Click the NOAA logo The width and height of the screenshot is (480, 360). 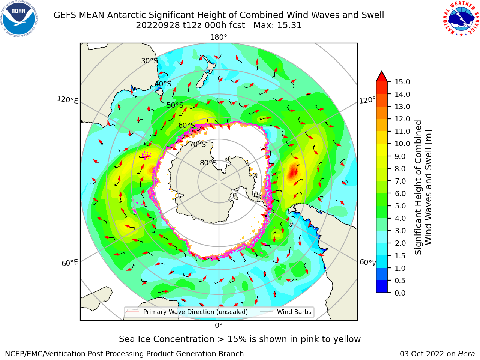(19, 19)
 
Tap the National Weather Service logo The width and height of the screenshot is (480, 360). (461, 18)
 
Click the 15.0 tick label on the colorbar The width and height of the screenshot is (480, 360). (402, 82)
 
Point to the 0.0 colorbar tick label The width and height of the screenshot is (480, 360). (400, 293)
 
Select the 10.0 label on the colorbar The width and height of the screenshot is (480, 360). (402, 144)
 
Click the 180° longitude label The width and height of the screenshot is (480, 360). (219, 37)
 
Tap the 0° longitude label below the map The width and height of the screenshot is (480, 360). (219, 325)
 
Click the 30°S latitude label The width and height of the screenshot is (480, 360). (149, 61)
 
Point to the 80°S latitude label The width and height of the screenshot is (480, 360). (208, 163)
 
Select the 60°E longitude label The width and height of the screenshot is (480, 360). (70, 262)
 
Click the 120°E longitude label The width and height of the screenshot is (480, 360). (67, 100)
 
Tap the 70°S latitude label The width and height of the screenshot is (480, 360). (198, 144)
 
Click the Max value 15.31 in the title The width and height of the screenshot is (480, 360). (277, 25)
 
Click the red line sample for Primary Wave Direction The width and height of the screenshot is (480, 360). (132, 312)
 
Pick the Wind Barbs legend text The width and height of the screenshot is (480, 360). (294, 312)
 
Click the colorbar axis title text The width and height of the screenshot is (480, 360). (423, 187)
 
